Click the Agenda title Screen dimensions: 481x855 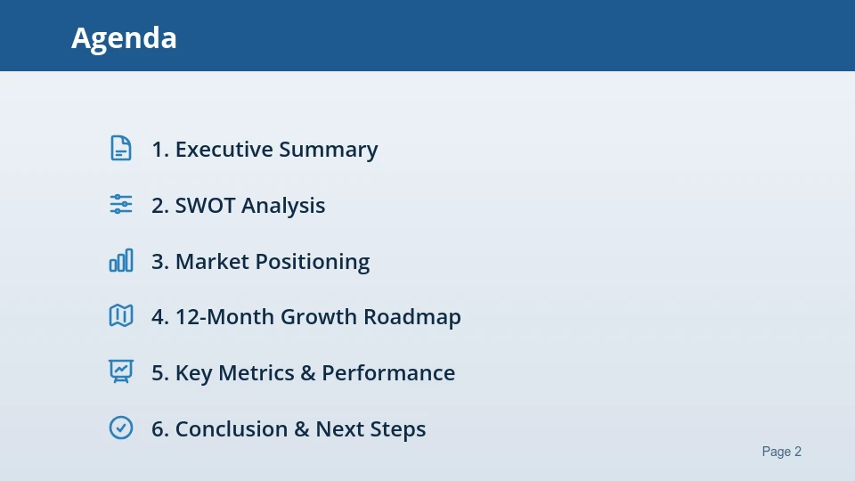coord(124,38)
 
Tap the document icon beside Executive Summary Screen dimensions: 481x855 coord(121,149)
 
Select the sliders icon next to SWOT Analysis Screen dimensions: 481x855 coord(121,204)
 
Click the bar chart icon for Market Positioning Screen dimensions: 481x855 coord(121,260)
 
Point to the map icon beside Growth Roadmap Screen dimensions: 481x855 coord(121,315)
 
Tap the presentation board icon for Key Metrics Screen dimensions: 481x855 coord(121,371)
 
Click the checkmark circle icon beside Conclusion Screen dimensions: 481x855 coord(121,428)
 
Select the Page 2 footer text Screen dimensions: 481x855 coord(781,452)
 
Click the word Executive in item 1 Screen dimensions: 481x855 coord(224,150)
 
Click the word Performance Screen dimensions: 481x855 coord(388,373)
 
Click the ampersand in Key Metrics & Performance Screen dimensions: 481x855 coord(308,373)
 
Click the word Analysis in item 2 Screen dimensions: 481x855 coord(283,206)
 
